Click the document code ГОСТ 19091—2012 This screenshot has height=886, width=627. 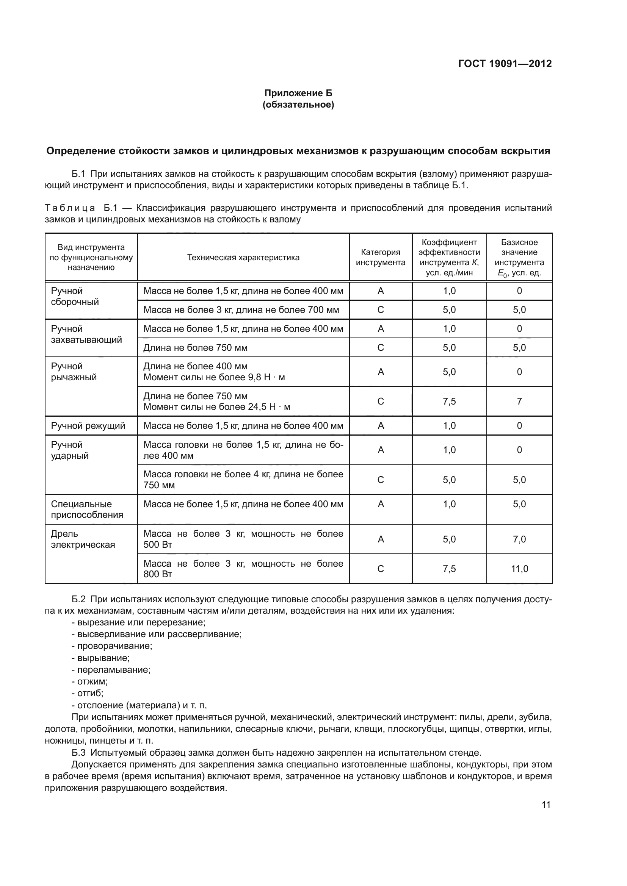[x=505, y=64]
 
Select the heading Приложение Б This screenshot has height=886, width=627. [x=298, y=93]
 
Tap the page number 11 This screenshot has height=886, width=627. [x=546, y=805]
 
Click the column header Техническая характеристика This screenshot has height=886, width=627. [x=243, y=257]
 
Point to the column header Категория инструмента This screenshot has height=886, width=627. [x=380, y=257]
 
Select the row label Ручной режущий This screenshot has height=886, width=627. [x=88, y=426]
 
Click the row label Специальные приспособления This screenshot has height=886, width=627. [x=87, y=509]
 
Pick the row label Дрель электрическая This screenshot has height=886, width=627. [x=83, y=539]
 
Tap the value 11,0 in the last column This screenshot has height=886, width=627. [x=519, y=569]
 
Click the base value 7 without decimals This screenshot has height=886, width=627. [x=519, y=401]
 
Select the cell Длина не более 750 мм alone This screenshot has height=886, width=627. [x=195, y=348]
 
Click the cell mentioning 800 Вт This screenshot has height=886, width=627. [x=243, y=569]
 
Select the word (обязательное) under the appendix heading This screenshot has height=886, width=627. [x=298, y=105]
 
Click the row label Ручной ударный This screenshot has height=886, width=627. [x=70, y=450]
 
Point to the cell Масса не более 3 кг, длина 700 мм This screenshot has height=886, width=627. [x=241, y=310]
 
